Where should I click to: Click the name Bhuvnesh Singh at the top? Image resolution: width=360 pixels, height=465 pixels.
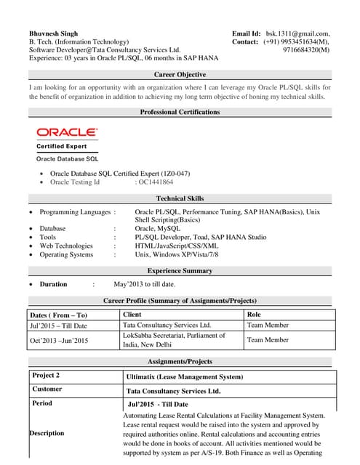click(55, 33)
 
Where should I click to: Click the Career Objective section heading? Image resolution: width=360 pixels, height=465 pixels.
click(180, 75)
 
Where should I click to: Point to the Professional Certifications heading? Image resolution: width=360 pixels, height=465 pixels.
click(180, 112)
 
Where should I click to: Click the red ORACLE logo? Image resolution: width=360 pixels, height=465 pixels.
click(66, 132)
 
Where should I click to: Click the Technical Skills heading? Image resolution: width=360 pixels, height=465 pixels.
click(180, 198)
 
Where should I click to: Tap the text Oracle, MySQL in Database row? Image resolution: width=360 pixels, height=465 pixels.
click(157, 228)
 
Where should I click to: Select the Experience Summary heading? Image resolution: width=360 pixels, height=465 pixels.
click(180, 270)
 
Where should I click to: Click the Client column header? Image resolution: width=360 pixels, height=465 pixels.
click(132, 315)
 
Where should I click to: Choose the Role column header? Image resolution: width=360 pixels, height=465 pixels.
click(254, 315)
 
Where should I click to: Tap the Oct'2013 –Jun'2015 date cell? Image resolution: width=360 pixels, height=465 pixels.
click(59, 340)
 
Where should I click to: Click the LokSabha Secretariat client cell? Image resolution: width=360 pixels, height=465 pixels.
click(174, 340)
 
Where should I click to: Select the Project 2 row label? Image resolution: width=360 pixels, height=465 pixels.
click(46, 376)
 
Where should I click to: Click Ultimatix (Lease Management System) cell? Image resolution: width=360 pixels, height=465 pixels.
click(184, 377)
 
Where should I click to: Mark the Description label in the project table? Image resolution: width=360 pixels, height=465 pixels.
click(47, 433)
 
